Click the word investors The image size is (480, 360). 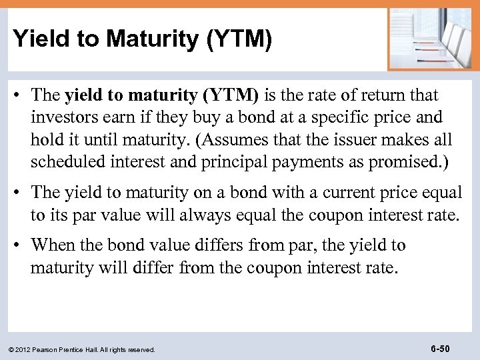click(61, 118)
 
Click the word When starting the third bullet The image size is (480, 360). click(54, 245)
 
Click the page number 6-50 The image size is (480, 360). click(441, 347)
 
